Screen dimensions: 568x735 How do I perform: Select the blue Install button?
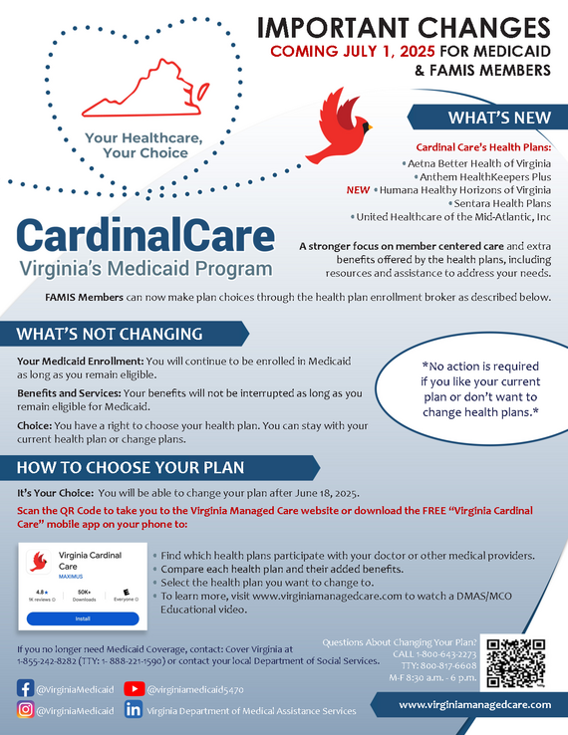coord(84,618)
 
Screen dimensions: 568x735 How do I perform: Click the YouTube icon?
coord(135,687)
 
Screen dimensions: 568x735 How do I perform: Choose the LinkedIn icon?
coord(135,710)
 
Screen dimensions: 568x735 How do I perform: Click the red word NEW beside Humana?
coord(357,188)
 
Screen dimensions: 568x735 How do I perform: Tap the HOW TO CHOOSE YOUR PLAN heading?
coord(130,467)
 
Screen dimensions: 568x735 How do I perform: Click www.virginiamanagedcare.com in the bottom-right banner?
coord(474,704)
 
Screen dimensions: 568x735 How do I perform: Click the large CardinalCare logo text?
coord(145,235)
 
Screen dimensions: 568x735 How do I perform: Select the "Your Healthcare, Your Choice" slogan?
coord(136,145)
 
